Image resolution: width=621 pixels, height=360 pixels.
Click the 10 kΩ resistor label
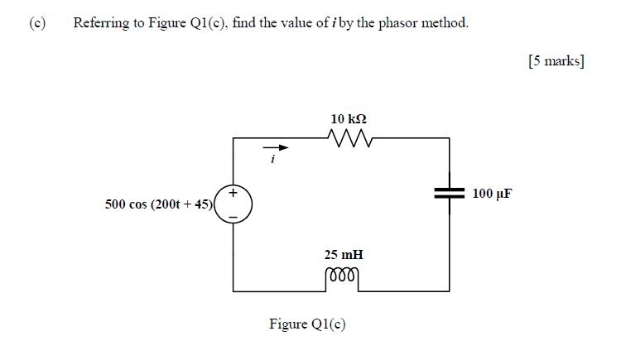pos(349,118)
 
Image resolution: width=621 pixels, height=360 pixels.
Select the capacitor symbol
pos(450,194)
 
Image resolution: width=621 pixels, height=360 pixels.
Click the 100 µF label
pos(492,194)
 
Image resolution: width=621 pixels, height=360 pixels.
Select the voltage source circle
pos(233,204)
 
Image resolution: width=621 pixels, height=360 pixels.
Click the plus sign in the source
pos(233,194)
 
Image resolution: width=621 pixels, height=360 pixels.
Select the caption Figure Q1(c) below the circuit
pos(307,324)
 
